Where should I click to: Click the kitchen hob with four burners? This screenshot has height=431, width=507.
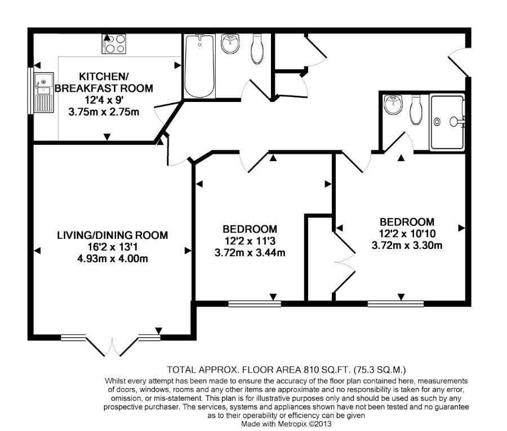(114, 43)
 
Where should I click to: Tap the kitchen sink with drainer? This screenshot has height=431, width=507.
(44, 92)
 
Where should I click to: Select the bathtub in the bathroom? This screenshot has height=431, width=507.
(199, 66)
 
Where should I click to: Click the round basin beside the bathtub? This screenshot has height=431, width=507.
(230, 43)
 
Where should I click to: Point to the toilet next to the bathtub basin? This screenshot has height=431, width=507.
(257, 48)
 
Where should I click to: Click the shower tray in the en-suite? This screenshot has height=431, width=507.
(447, 122)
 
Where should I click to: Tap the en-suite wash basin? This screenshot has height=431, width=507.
(393, 104)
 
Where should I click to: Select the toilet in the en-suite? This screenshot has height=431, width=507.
(416, 110)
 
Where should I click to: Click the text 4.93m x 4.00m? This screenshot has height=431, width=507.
(113, 259)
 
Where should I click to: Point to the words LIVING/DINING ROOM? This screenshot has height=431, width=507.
(113, 235)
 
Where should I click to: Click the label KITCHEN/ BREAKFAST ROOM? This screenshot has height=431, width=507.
(104, 82)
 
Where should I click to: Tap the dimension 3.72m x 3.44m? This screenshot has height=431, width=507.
(250, 252)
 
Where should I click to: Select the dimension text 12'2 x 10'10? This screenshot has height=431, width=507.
(407, 233)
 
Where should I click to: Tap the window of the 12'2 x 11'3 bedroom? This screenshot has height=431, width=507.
(255, 304)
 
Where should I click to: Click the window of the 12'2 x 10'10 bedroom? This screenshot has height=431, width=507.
(396, 304)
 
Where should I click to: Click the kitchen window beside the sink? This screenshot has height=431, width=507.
(30, 91)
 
